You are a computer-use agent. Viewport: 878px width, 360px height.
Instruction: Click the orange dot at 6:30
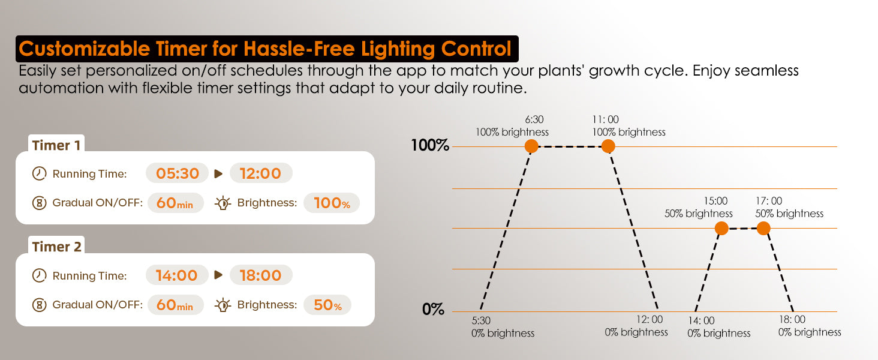pos(531,146)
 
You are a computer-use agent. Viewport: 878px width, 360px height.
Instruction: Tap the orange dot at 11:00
pos(608,146)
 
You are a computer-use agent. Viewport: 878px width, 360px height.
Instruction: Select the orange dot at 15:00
pos(721,228)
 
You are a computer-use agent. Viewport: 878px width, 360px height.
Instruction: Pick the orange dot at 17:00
pos(763,228)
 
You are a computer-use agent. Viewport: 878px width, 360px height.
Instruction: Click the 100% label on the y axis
pos(430,145)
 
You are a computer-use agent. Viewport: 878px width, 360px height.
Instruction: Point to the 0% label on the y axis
pos(433,310)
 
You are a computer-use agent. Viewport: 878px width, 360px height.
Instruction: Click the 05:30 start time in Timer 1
pos(177,173)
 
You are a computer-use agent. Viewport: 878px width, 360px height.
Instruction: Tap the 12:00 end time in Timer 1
pos(261,173)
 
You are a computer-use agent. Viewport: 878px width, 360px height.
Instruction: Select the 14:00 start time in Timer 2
pos(177,275)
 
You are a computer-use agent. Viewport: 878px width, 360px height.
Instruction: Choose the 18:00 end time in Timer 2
pos(261,275)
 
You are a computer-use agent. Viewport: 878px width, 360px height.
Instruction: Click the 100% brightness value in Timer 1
pos(332,203)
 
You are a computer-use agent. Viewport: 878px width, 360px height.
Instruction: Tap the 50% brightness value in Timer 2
pos(327,305)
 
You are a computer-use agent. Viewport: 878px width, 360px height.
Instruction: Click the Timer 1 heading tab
pos(56,145)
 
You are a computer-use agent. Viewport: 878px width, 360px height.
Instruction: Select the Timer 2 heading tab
pos(56,246)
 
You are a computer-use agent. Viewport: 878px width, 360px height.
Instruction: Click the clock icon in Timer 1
pos(39,173)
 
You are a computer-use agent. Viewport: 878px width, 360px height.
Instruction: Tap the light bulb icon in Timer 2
pos(222,305)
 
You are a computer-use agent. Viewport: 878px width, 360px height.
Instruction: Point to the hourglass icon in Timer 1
pos(39,203)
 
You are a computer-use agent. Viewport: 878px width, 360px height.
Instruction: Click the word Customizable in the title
pos(83,49)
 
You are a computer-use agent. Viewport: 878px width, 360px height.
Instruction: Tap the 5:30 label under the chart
pos(481,321)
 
